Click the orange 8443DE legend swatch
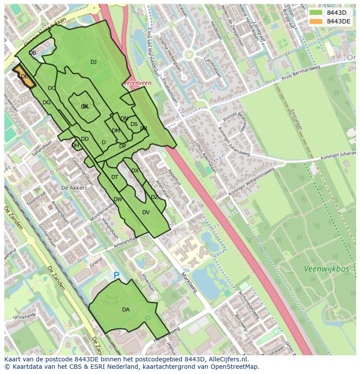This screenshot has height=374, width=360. [316, 21]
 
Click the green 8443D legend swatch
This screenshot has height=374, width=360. [316, 13]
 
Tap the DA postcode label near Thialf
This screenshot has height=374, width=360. [126, 310]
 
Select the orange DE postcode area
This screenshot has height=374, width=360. [24, 76]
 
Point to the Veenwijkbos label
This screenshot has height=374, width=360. [326, 269]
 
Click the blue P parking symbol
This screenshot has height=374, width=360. [116, 275]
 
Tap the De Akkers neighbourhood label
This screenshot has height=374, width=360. [74, 188]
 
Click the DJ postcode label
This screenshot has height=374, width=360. [93, 62]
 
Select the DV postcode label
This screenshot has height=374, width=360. [146, 212]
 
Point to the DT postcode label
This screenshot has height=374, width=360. [115, 177]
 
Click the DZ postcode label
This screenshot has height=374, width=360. [154, 197]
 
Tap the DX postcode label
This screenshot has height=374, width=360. [135, 171]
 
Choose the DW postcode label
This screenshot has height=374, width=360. [118, 199]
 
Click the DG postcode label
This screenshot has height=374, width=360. [47, 103]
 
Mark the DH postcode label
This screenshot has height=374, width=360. [75, 146]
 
